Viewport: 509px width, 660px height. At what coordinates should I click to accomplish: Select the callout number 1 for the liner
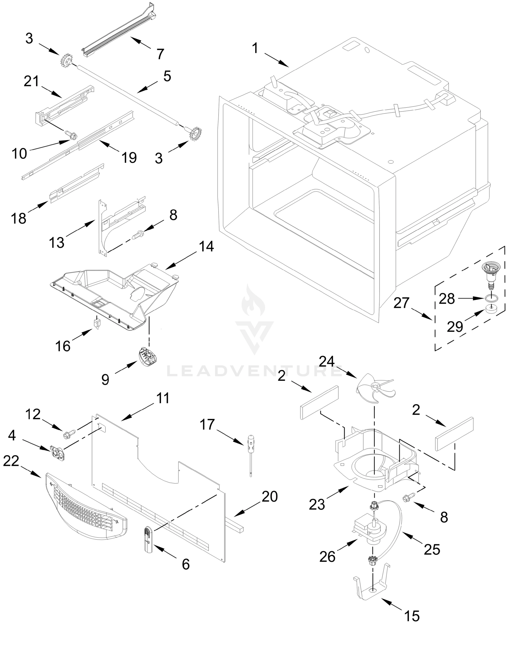pos(255,48)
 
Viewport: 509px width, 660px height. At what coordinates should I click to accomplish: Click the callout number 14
pos(206,246)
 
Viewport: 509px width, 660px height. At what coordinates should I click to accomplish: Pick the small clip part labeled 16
pos(97,324)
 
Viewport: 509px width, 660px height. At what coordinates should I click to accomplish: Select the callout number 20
pos(270,496)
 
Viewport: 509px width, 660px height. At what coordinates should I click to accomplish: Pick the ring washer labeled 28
pos(491,299)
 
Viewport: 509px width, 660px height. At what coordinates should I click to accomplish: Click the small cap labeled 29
pos(491,309)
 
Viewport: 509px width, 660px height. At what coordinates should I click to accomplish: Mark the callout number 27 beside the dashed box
pos(401,303)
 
